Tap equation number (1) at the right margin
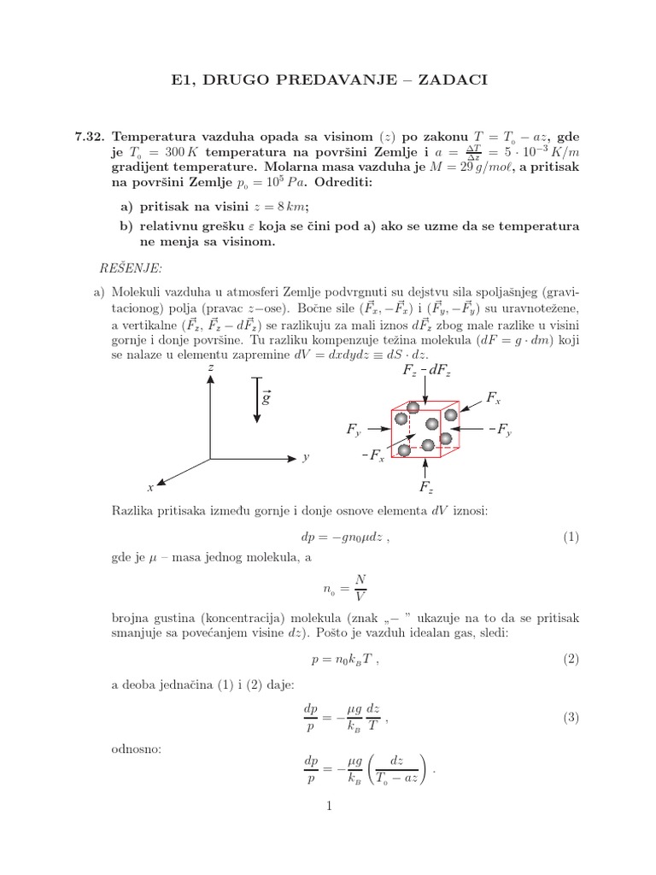571,537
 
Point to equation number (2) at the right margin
571,659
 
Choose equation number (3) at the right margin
571,718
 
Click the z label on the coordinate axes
210,367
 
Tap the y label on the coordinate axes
305,458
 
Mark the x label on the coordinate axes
150,487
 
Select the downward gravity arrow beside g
256,400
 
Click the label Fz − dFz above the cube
426,370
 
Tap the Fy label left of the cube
354,430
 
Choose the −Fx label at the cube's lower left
373,458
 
